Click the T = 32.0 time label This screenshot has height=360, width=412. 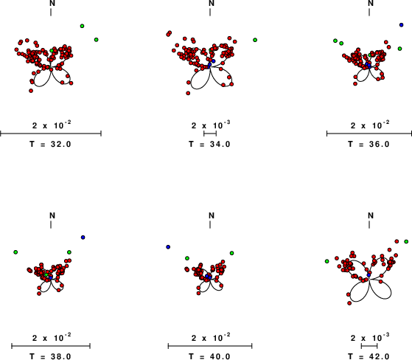pyautogui.click(x=50, y=144)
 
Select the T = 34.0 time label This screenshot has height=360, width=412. pyautogui.click(x=209, y=144)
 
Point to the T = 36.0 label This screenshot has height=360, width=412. pyautogui.click(x=369, y=144)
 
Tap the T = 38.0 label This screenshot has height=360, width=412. pyautogui.click(x=50, y=356)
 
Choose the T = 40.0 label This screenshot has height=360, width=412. pyautogui.click(x=209, y=356)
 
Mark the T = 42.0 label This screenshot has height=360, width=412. pyautogui.click(x=369, y=356)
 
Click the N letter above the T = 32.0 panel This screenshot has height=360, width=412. pyautogui.click(x=52, y=3)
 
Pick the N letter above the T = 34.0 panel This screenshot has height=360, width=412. pyautogui.click(x=212, y=3)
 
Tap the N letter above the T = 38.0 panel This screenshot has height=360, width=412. pyautogui.click(x=52, y=215)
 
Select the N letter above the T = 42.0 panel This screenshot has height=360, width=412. pyautogui.click(x=371, y=215)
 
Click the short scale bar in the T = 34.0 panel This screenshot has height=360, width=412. pyautogui.click(x=210, y=134)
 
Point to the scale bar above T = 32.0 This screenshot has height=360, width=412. pyautogui.click(x=51, y=134)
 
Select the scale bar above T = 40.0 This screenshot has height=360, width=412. pyautogui.click(x=210, y=346)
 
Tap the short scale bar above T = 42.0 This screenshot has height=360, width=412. pyautogui.click(x=369, y=346)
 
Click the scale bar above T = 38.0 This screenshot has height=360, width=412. pyautogui.click(x=51, y=346)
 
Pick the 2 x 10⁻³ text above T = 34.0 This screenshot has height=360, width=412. pyautogui.click(x=211, y=125)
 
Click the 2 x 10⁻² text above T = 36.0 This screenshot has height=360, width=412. pyautogui.click(x=370, y=125)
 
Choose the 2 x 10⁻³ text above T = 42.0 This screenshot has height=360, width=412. pyautogui.click(x=370, y=338)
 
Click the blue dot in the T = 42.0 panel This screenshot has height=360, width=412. pyautogui.click(x=369, y=275)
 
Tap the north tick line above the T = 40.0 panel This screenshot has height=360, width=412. pyautogui.click(x=210, y=225)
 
